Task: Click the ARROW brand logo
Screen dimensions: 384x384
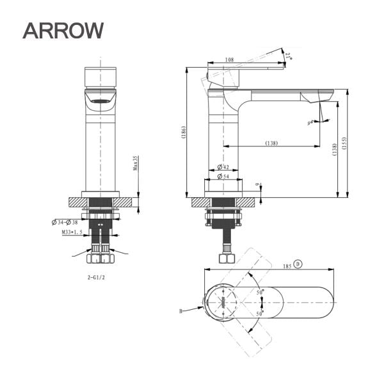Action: (x=63, y=29)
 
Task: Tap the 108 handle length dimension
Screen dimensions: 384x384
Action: (x=229, y=60)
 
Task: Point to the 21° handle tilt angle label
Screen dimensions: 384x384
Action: (x=289, y=57)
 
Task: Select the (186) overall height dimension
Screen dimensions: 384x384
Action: (x=183, y=132)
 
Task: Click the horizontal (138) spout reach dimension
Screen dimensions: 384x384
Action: (x=271, y=143)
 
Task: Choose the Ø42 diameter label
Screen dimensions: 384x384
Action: (x=223, y=167)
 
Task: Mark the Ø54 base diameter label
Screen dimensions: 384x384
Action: (x=223, y=175)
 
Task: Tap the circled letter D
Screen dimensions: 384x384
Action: (x=298, y=264)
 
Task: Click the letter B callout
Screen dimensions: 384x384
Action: (x=182, y=310)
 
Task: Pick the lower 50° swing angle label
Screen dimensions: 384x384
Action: (x=260, y=314)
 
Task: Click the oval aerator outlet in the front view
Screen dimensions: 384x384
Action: (x=100, y=100)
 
